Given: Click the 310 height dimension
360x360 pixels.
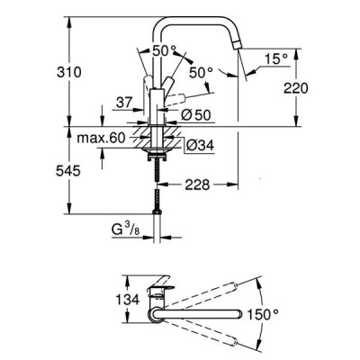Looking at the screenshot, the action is point(69,72).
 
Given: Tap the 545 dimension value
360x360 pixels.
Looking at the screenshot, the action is point(68,171).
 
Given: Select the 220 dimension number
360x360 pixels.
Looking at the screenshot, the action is point(296,88).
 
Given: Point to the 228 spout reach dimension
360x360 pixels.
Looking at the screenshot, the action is point(197,184).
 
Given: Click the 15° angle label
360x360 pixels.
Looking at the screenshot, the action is point(276,58).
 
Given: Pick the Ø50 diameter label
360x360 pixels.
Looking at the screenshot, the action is point(196,115).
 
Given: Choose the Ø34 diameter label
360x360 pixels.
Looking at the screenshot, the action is point(200,146).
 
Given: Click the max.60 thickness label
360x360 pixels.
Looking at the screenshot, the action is point(101,139).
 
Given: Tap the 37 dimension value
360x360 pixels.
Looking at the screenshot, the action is point(124,103).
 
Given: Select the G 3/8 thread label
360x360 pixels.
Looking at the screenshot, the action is point(126,230).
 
